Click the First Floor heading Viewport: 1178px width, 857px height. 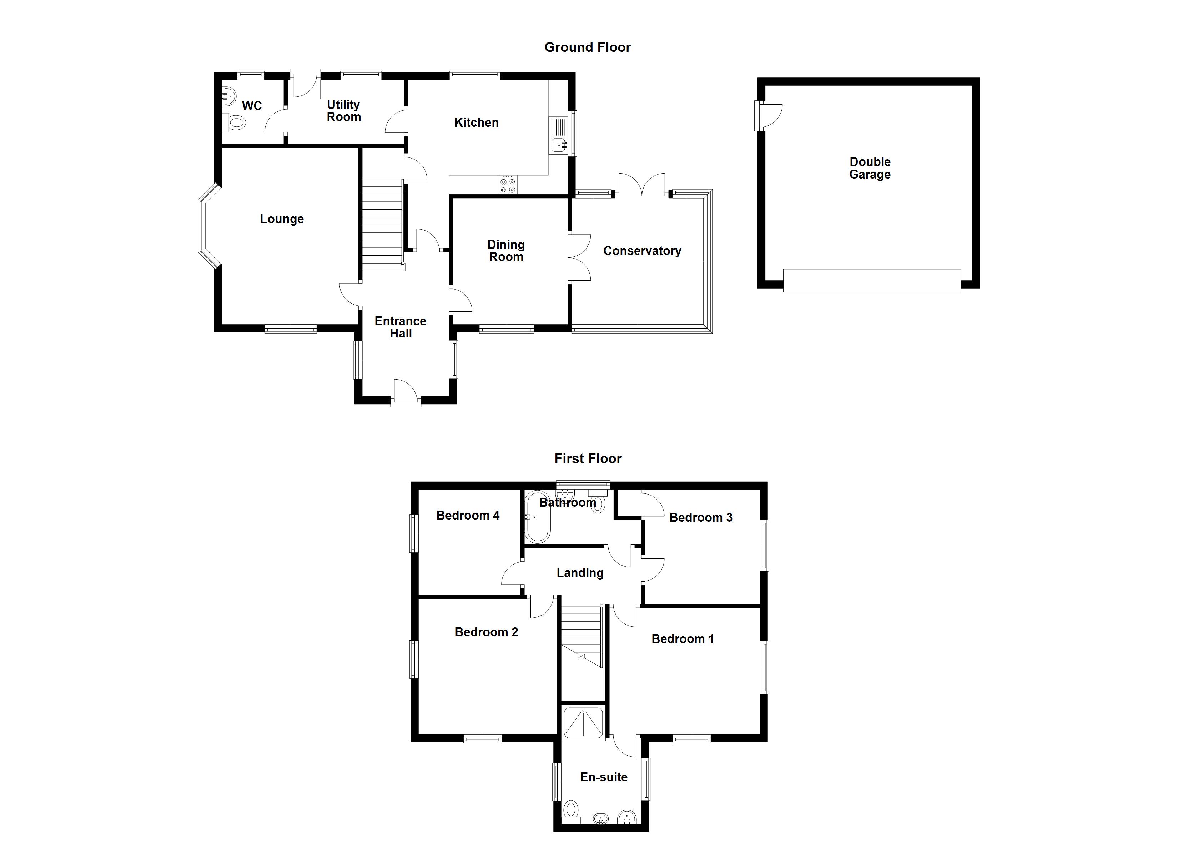tap(588, 458)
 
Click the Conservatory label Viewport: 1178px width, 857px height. tap(642, 251)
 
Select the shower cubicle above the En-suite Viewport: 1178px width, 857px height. tap(584, 722)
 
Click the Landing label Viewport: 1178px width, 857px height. tap(580, 573)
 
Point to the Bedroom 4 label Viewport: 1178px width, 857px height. tap(468, 516)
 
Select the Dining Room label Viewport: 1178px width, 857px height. tap(506, 251)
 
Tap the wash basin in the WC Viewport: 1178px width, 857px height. tap(229, 96)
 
